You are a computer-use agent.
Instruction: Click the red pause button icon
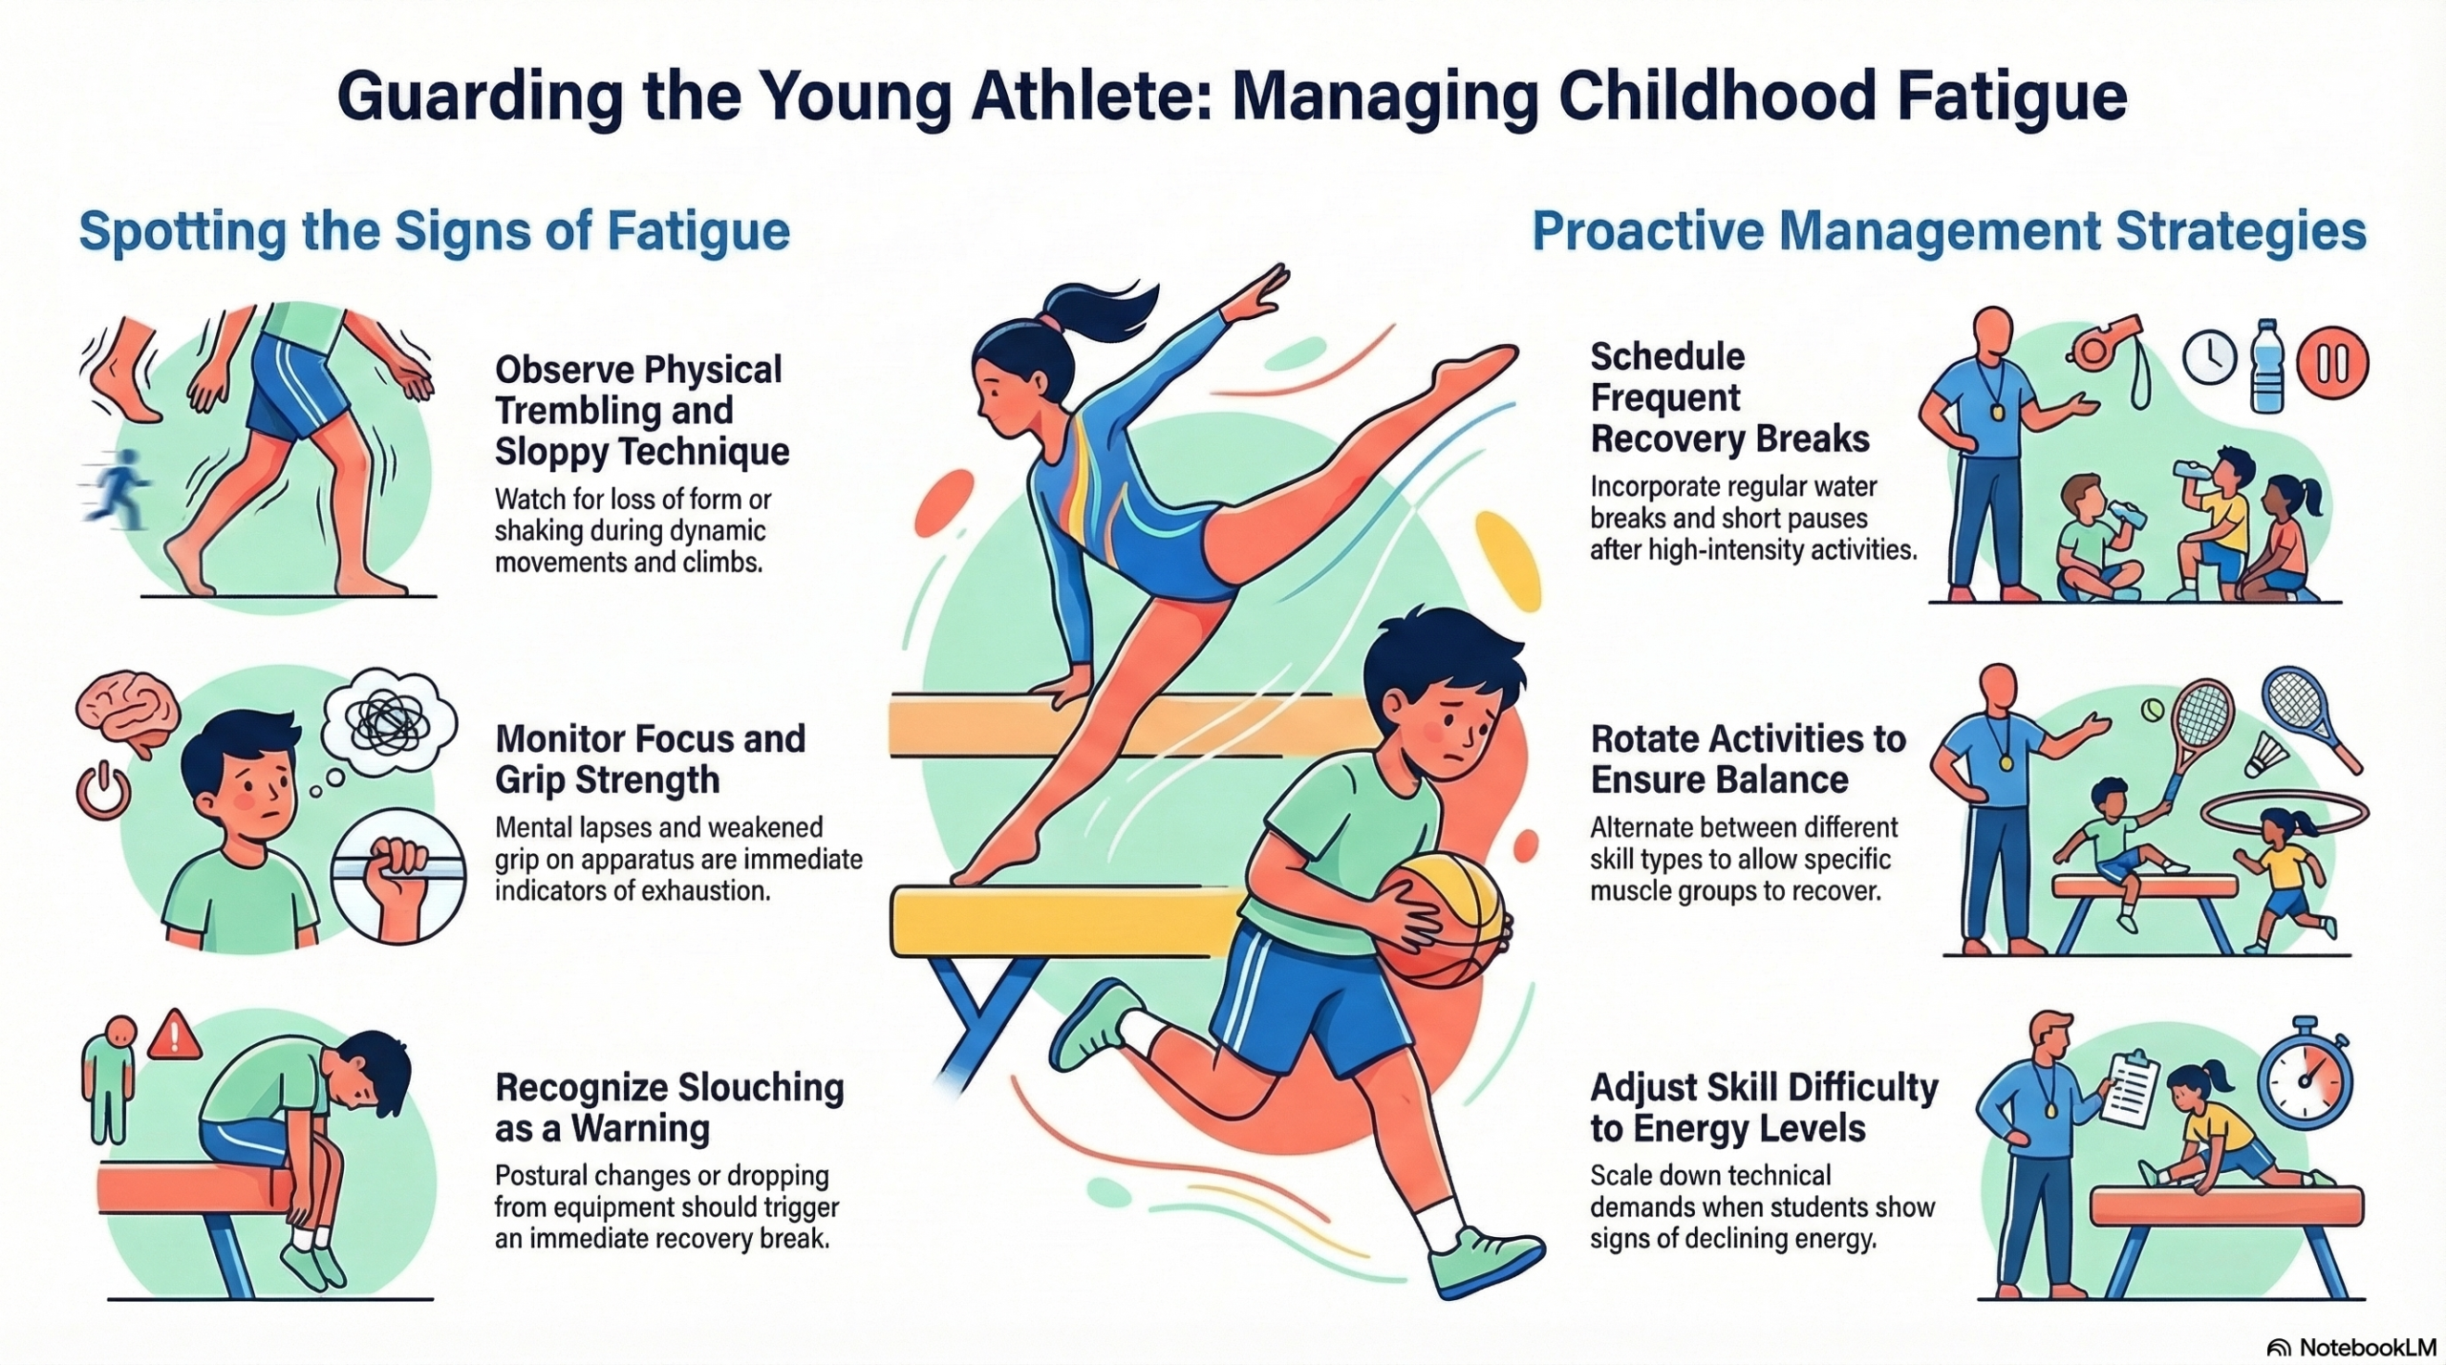point(2332,364)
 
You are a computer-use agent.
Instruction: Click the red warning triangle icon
point(174,1035)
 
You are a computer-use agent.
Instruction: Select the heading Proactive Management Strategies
point(1948,231)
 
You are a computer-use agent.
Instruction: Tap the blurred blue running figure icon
point(116,489)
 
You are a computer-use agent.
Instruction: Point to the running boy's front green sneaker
point(1485,1262)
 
